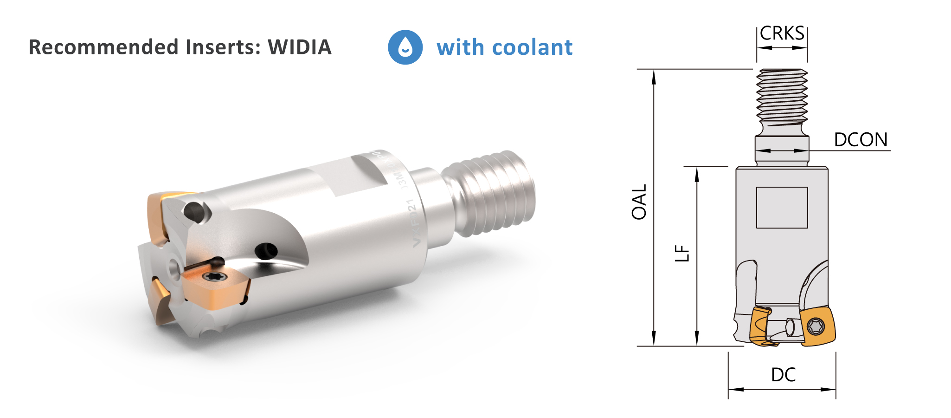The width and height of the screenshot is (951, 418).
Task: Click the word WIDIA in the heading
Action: click(x=300, y=47)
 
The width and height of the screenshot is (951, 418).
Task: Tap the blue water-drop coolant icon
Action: click(x=405, y=47)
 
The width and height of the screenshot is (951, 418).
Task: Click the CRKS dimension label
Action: click(x=782, y=33)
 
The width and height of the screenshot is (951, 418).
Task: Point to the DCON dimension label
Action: click(x=861, y=140)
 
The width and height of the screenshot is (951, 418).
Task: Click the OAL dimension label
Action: click(x=639, y=202)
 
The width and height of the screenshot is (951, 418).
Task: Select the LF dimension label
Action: click(x=682, y=254)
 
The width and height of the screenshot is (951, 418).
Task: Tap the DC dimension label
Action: click(x=783, y=375)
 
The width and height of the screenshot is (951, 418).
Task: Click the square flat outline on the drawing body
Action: click(x=782, y=208)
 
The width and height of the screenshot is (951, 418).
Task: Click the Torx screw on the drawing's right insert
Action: click(x=816, y=326)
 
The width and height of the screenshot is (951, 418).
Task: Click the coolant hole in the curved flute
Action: click(x=266, y=251)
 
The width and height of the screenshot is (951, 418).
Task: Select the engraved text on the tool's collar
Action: click(x=408, y=204)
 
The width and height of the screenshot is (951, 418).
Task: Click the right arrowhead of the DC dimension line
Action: click(x=830, y=389)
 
